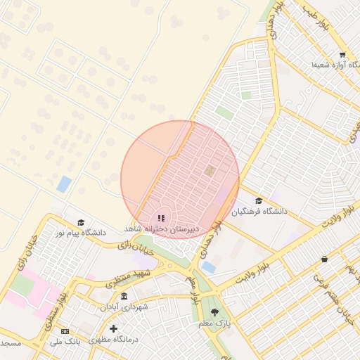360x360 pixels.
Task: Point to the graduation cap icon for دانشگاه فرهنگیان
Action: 259,201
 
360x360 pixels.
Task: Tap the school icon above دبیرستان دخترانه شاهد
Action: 161,219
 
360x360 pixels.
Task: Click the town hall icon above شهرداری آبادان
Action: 124,297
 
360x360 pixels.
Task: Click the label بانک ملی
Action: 65,341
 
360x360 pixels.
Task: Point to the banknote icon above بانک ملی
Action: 65,331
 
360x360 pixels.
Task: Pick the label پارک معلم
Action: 214,323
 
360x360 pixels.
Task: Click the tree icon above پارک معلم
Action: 214,311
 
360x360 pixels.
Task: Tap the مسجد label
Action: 10,343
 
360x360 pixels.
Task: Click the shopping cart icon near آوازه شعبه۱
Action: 342,55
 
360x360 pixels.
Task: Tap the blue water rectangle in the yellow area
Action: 64,184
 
